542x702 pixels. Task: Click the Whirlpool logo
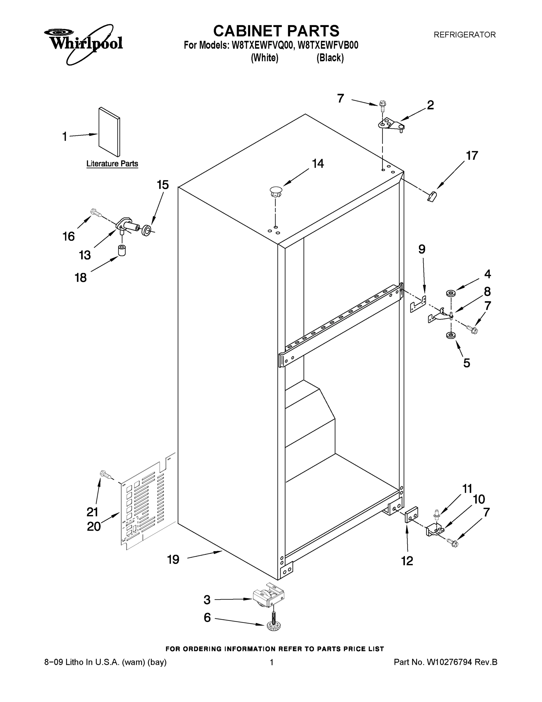84,43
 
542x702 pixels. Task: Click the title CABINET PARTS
276,31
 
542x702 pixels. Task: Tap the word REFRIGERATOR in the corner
464,35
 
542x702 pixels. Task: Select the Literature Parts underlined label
112,164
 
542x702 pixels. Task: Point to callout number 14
318,164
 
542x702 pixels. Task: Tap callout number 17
472,156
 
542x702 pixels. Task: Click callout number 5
467,363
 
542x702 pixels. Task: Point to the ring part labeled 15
147,230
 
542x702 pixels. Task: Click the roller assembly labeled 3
269,598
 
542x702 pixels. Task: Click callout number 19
173,560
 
